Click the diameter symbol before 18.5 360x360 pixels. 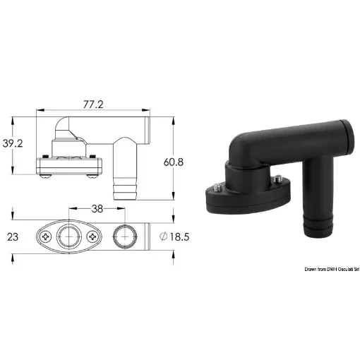tap(164, 237)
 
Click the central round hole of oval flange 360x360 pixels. tap(69, 237)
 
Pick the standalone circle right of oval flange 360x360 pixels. tap(123, 237)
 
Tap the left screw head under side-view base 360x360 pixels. tap(43, 175)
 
